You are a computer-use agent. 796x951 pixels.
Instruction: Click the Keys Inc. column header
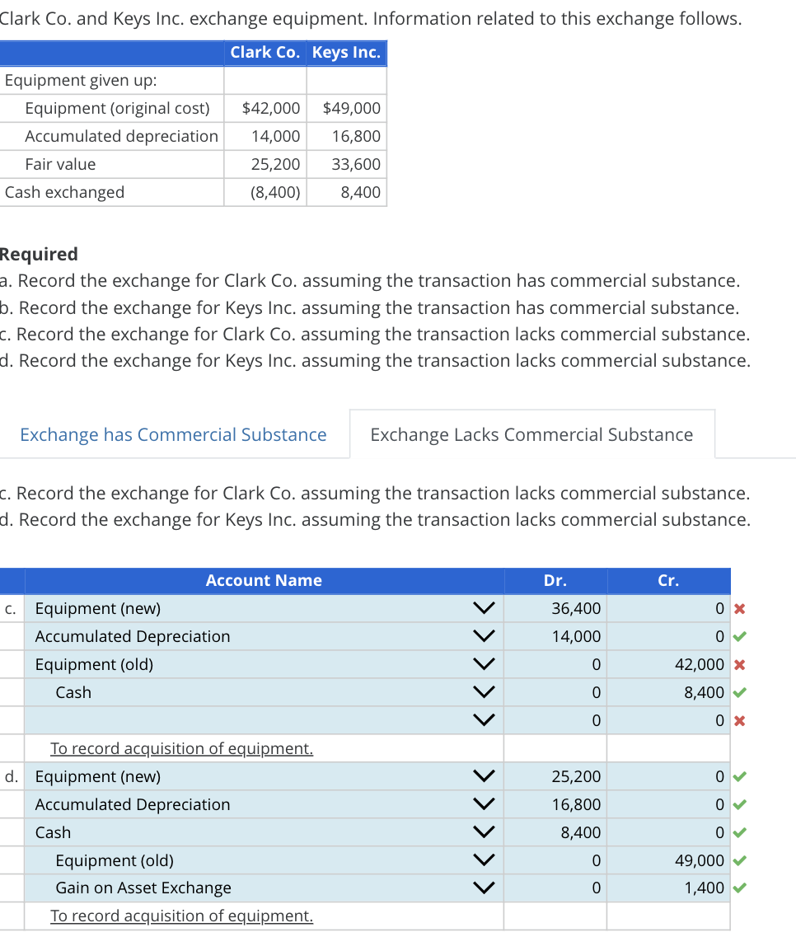[x=346, y=53]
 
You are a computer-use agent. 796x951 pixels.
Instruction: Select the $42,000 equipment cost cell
[x=271, y=108]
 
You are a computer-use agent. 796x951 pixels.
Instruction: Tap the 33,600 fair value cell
[x=356, y=164]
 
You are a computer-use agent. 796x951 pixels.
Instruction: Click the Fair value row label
[x=60, y=164]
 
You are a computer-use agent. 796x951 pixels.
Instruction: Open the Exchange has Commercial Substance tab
[x=173, y=434]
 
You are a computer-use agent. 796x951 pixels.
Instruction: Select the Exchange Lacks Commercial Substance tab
[x=531, y=434]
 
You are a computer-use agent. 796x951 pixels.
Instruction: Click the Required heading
[x=40, y=254]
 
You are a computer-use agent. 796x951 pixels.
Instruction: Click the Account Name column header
[x=264, y=580]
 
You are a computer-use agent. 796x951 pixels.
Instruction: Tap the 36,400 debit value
[x=576, y=608]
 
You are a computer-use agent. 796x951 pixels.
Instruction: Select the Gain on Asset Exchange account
[x=143, y=888]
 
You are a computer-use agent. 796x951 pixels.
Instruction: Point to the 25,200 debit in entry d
[x=576, y=776]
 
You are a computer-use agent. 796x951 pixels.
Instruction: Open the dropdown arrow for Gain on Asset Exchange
[x=485, y=888]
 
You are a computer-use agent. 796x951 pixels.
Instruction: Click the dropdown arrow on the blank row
[x=485, y=720]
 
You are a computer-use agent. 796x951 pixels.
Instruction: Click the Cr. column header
[x=668, y=580]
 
